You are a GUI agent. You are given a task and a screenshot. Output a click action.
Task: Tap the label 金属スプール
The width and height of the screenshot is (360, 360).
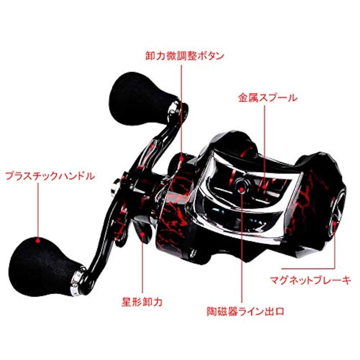click(x=267, y=98)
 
